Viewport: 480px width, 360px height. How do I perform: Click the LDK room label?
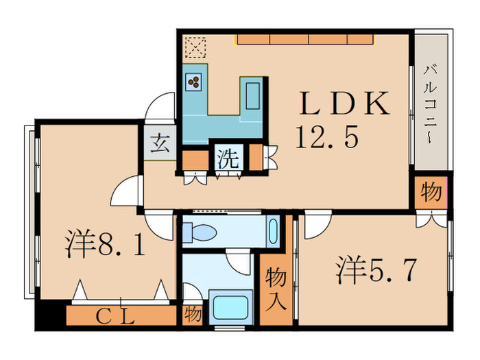(x=344, y=104)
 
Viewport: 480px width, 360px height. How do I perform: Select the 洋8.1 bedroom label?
(x=106, y=245)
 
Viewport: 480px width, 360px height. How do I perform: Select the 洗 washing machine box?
(x=228, y=159)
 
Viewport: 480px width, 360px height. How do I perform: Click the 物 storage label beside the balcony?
(x=431, y=192)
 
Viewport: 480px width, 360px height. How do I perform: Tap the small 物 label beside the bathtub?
(x=193, y=315)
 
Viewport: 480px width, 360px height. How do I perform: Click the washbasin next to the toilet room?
(x=274, y=230)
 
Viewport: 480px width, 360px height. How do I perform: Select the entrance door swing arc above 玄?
(x=159, y=110)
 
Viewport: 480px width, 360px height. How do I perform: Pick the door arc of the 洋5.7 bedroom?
(x=315, y=226)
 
